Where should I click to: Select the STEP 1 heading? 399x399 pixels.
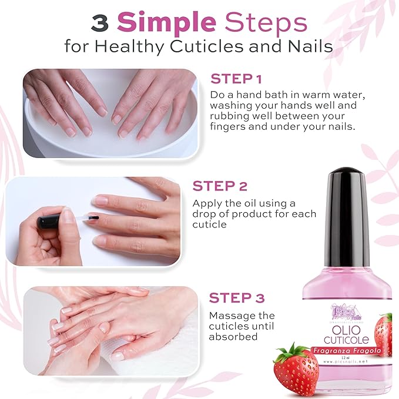coord(236,79)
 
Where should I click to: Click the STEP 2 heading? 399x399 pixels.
coord(220,186)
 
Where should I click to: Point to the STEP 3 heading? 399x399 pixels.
coord(237,297)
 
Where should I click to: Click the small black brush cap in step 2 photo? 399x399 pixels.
coord(48,223)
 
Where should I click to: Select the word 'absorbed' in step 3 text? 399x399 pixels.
coord(233,337)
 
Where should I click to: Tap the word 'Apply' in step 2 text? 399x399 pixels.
coord(206,203)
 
